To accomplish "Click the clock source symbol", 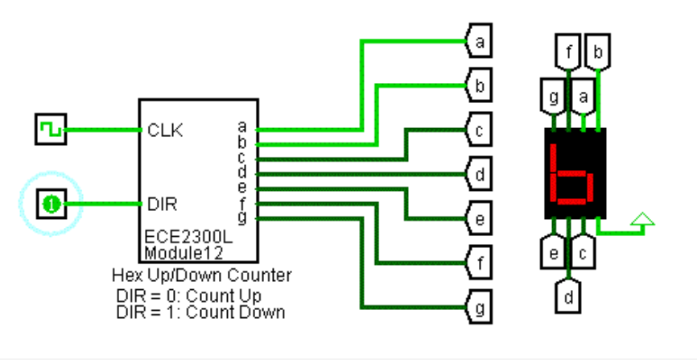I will coord(50,130).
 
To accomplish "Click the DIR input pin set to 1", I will coord(50,204).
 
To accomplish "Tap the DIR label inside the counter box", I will coord(163,204).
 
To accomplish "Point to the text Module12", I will coord(179,253).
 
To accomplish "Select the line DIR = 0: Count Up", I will coord(188,296).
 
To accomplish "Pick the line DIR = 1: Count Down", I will coord(200,312).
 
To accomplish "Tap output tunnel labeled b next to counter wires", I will coord(479,85).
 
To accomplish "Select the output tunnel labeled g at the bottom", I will coord(479,307).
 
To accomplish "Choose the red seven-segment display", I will coord(575,172).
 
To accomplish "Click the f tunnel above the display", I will coord(569,55).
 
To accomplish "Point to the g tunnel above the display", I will coord(554,98).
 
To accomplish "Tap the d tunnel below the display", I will coord(569,295).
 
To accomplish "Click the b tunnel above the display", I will coord(598,55).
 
